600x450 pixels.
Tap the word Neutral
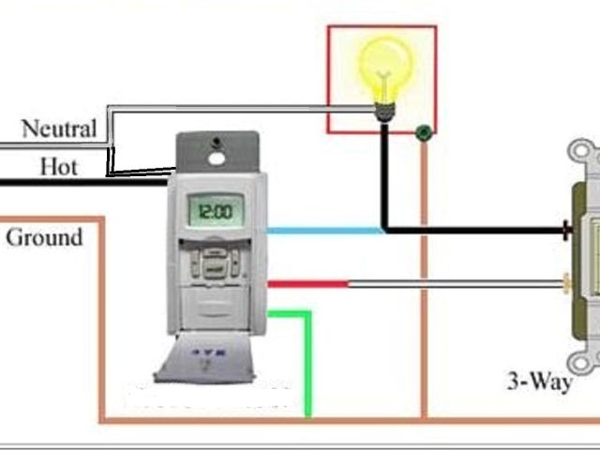[x=58, y=129]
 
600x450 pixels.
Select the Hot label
[x=58, y=168]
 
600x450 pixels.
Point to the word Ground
[x=44, y=237]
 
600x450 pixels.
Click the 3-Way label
[x=539, y=382]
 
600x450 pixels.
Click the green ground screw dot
[x=424, y=133]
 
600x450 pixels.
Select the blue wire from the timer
[x=323, y=230]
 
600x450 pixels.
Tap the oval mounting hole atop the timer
[x=217, y=157]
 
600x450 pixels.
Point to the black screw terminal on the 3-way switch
[x=567, y=229]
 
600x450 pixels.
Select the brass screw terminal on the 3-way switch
[x=566, y=278]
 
